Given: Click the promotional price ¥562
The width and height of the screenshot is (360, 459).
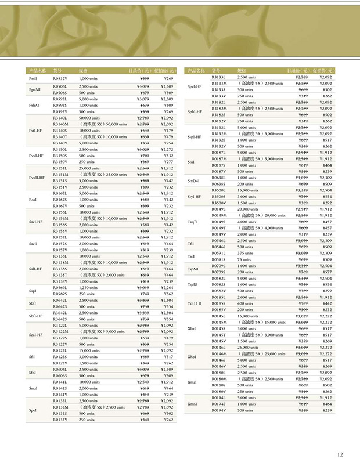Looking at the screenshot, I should pyautogui.click(x=168, y=294).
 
